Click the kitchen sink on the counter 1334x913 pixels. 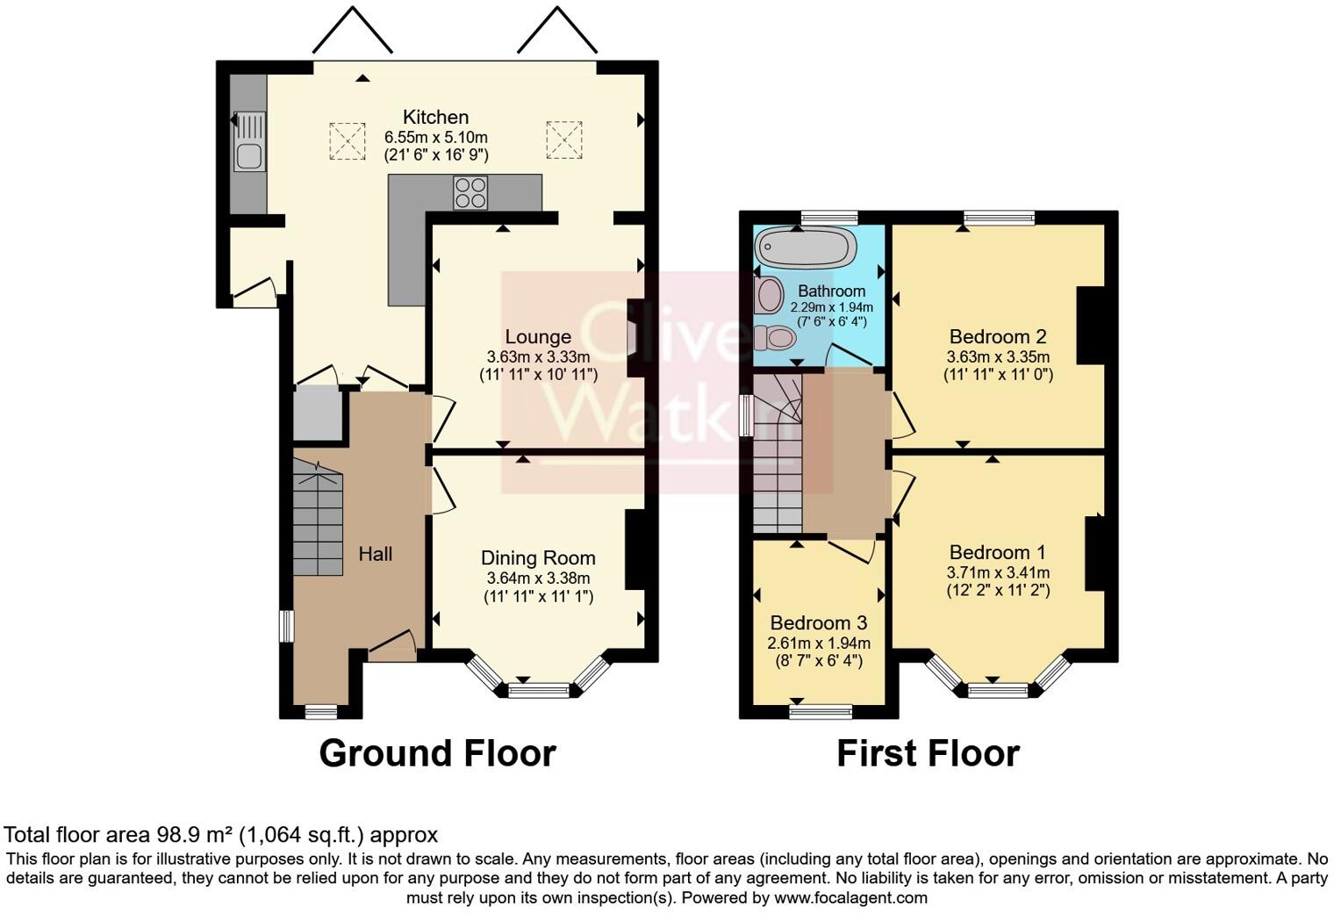[249, 141]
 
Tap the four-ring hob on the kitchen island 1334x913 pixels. [470, 192]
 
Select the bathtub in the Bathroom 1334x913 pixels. [806, 248]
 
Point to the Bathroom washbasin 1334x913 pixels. [769, 295]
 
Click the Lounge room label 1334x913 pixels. [538, 337]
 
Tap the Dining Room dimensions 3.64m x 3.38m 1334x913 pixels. [538, 579]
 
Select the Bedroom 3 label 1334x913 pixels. [817, 622]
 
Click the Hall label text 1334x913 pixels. [376, 554]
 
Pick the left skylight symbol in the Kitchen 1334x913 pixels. [347, 140]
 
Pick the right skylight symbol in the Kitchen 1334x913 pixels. [563, 140]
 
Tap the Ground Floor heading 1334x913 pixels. [437, 753]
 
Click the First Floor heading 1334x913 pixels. [928, 753]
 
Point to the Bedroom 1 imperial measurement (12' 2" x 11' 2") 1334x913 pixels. [998, 591]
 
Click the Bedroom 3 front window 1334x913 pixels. [821, 711]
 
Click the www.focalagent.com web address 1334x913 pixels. [850, 898]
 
